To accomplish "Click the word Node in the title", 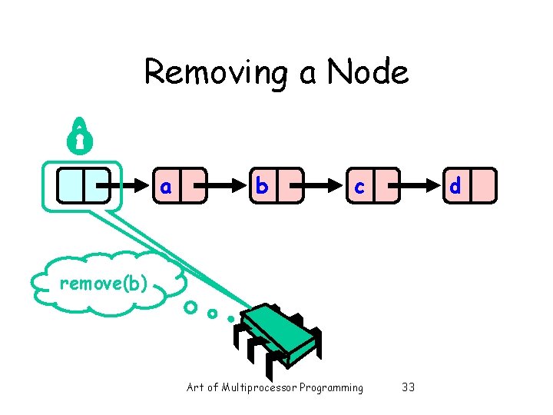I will tap(367, 73).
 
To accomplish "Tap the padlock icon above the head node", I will tap(80, 135).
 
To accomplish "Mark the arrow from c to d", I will tap(419, 186).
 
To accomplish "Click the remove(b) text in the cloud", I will tap(103, 284).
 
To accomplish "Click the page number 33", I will tap(408, 387).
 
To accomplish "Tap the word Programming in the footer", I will tap(331, 387).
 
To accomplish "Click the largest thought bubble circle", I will tap(190, 308).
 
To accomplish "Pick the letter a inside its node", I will tap(166, 187).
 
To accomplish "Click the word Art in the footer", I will tap(195, 387).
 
